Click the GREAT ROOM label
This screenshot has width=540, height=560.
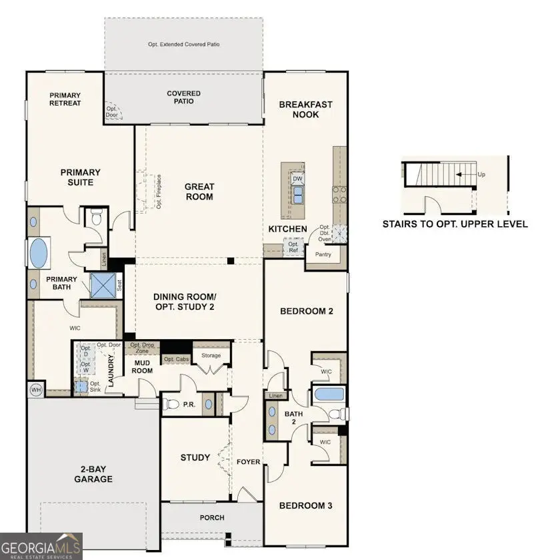pos(199,192)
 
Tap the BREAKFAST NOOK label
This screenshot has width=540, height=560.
pos(305,109)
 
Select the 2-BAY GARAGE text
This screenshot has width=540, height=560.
pos(93,474)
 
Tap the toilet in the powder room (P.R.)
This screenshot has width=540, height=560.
pos(173,404)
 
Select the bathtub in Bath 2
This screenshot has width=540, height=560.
pos(328,393)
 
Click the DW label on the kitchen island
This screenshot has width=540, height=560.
pos(297,179)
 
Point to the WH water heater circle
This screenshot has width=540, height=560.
pos(35,388)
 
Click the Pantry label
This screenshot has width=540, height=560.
pos(323,254)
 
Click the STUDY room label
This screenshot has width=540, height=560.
pos(195,458)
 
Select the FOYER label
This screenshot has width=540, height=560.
pos(248,462)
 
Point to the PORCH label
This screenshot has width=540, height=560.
pos(212,517)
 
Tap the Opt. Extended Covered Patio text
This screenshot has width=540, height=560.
pos(183,45)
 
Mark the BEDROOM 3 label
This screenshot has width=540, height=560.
pos(305,505)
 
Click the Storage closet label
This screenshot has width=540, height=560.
pos(211,356)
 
